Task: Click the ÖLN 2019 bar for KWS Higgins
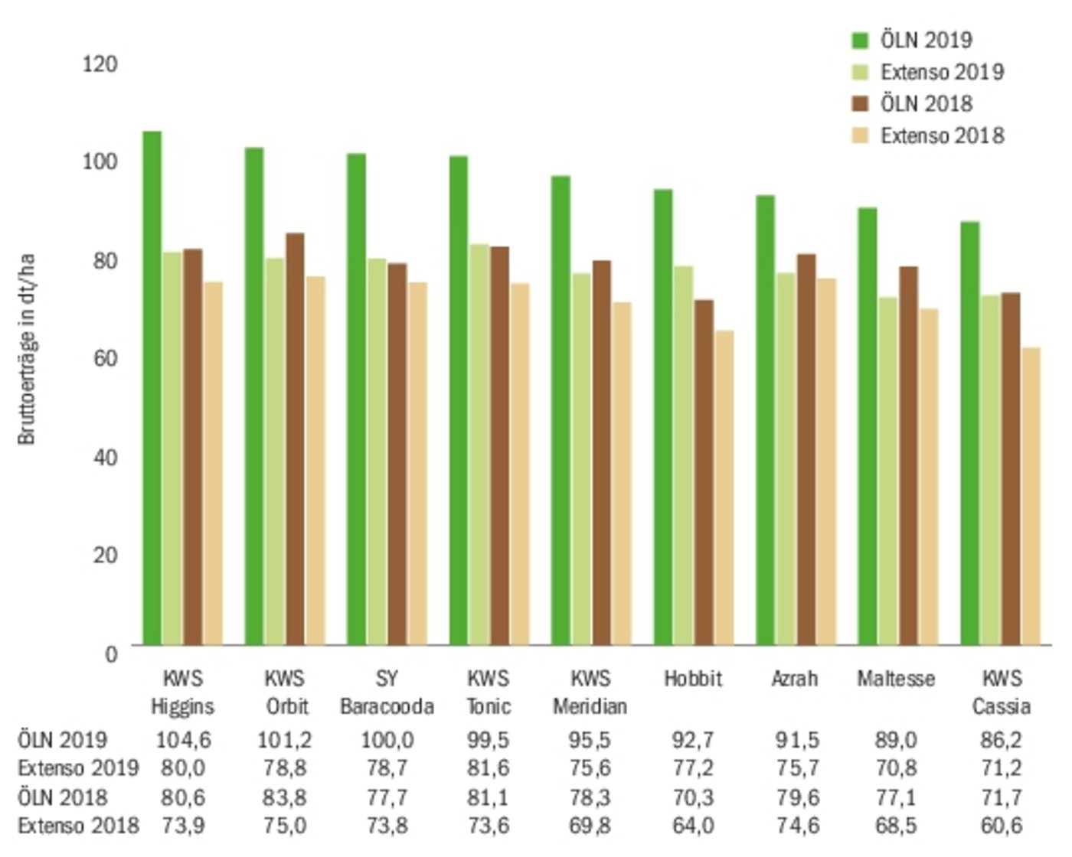click(x=152, y=388)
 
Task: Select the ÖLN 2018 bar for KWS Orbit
click(x=294, y=439)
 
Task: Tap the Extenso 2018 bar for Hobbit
click(x=724, y=487)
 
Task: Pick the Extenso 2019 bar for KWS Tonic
click(x=479, y=445)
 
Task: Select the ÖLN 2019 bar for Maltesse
click(x=867, y=426)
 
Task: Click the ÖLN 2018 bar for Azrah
click(x=806, y=449)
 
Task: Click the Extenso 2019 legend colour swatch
click(x=860, y=72)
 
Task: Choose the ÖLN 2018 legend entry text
click(x=926, y=103)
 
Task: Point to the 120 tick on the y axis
click(x=100, y=64)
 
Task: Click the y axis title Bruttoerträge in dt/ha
click(x=27, y=349)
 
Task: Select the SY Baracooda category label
click(x=387, y=692)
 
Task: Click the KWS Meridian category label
click(x=590, y=692)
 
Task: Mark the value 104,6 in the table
click(x=183, y=740)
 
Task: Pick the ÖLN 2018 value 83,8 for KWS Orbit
click(x=284, y=797)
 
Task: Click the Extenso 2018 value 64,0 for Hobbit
click(x=693, y=826)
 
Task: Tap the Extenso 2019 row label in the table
click(x=78, y=768)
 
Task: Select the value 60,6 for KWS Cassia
click(x=1001, y=826)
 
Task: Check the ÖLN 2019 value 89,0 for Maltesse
click(x=896, y=740)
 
